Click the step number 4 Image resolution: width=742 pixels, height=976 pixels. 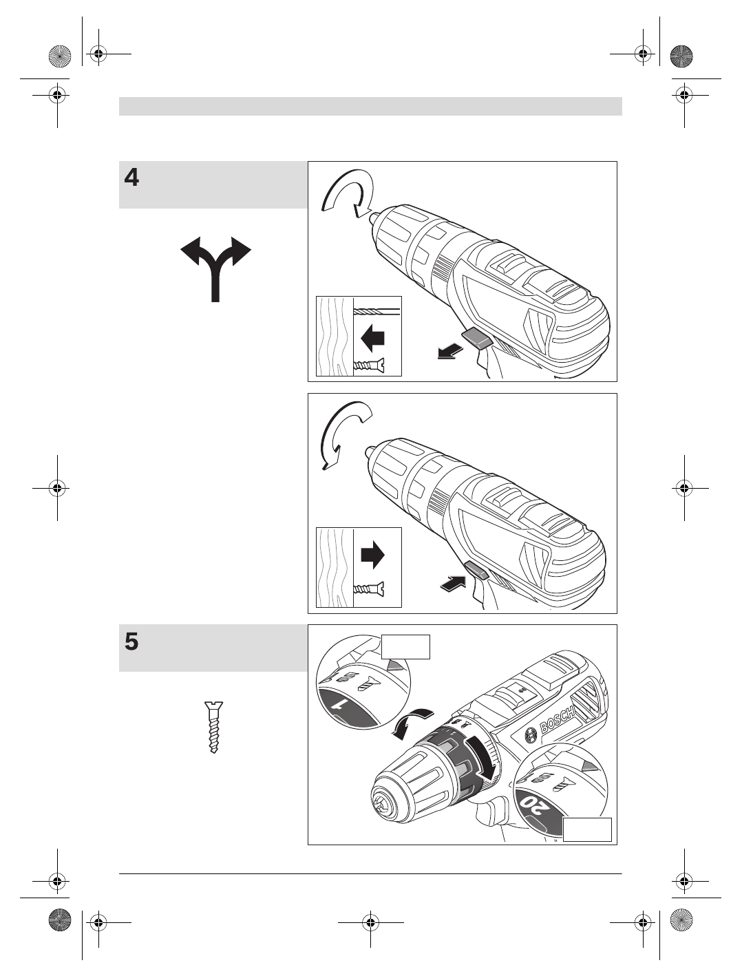pos(131,178)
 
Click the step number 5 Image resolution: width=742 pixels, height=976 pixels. pos(131,642)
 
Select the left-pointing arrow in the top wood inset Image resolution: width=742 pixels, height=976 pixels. pos(372,338)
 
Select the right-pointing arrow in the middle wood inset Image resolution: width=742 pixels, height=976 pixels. pos(372,555)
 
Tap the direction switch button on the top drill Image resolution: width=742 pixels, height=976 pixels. pos(477,337)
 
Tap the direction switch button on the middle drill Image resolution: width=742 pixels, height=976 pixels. pos(477,569)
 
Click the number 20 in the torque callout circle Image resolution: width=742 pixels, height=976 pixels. pos(531,803)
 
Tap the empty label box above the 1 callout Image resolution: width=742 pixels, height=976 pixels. pos(405,647)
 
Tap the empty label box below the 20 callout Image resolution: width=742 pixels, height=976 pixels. pos(587,829)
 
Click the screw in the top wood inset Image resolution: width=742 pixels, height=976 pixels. pos(368,365)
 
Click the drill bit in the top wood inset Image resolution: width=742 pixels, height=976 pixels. pos(377,310)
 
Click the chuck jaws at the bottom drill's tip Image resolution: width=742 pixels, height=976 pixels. pos(383,803)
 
